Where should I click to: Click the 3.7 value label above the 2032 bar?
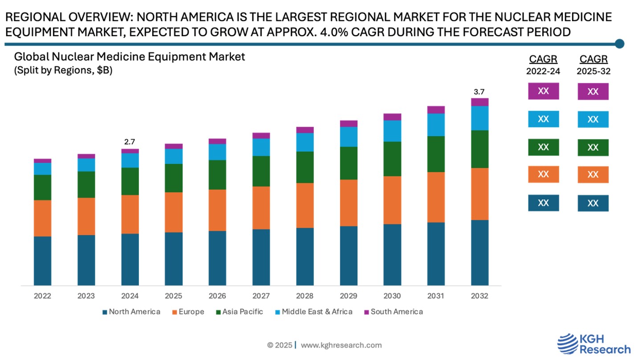[x=479, y=92]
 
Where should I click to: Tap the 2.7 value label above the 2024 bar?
[x=130, y=142]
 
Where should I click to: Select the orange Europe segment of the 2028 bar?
[x=305, y=205]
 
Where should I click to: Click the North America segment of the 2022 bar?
[x=42, y=261]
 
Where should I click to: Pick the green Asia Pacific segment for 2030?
[x=392, y=159]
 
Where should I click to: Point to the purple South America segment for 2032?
[x=480, y=102]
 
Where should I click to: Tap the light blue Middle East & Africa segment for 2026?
[x=217, y=152]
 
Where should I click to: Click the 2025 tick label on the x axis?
[x=174, y=296]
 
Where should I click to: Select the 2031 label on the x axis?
[x=436, y=296]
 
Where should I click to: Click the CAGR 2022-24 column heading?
[x=543, y=65]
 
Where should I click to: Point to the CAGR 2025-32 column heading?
[x=593, y=65]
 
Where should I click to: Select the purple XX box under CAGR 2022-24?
[x=543, y=91]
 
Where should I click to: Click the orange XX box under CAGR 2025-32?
[x=593, y=175]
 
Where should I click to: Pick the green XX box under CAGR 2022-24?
[x=543, y=147]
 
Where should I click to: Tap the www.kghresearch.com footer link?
[x=341, y=345]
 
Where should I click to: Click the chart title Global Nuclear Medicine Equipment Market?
[x=130, y=57]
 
